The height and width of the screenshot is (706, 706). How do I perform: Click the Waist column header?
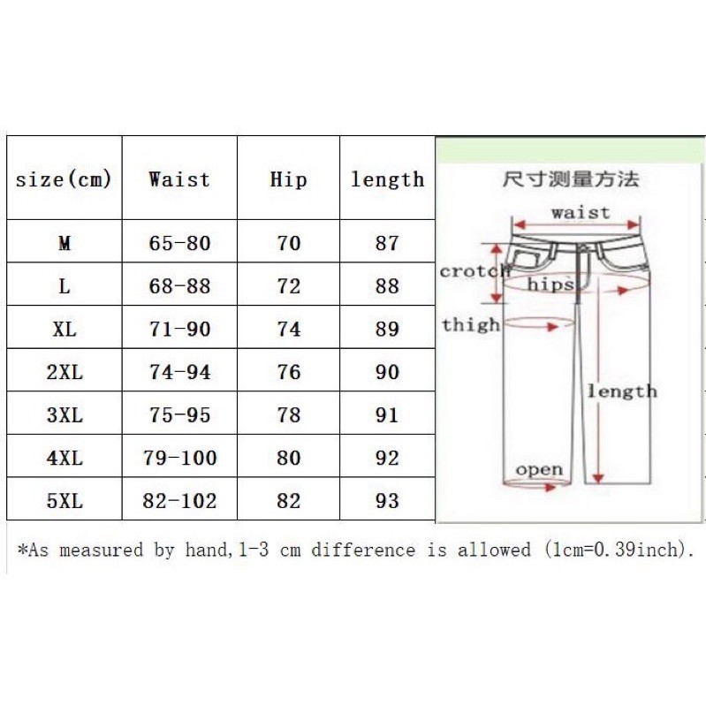tap(179, 179)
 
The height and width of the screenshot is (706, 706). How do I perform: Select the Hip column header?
tap(289, 179)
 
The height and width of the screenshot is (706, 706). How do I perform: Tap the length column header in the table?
tap(387, 179)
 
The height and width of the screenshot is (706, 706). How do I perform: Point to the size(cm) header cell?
tap(64, 179)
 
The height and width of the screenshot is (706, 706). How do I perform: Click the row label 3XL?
tap(65, 415)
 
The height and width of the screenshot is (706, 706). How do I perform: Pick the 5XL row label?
tap(65, 501)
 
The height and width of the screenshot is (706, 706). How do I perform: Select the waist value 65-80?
tap(180, 243)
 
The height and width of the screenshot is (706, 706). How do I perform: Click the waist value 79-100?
tap(179, 459)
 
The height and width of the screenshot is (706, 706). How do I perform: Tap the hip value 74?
tap(289, 330)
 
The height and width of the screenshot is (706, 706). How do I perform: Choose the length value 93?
tap(387, 501)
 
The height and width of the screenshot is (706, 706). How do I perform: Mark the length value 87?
tap(387, 243)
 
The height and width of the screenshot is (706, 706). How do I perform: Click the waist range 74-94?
tap(180, 373)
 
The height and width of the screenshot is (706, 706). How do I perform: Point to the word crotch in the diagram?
tap(475, 271)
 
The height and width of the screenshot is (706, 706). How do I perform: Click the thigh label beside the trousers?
tap(471, 324)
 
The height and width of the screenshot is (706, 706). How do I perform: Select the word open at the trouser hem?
tap(539, 469)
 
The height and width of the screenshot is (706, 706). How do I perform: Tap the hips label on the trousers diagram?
tap(550, 285)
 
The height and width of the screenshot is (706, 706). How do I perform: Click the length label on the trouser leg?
tap(622, 391)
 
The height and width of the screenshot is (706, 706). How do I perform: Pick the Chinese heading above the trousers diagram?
tap(570, 179)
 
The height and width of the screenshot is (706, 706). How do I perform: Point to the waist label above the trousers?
tap(581, 212)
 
